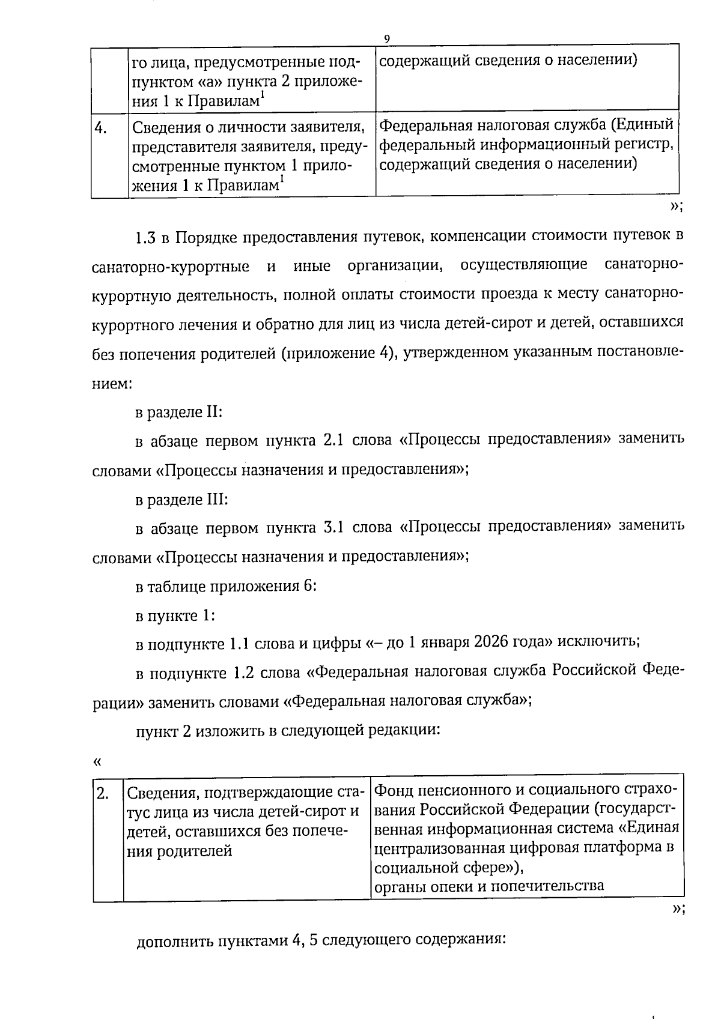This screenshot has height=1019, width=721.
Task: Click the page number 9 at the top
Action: pos(386,39)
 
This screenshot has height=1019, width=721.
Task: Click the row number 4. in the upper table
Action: pos(100,127)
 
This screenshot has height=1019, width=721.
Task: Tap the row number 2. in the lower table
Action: pos(102,794)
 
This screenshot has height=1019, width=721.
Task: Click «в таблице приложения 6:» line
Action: pos(225,587)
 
